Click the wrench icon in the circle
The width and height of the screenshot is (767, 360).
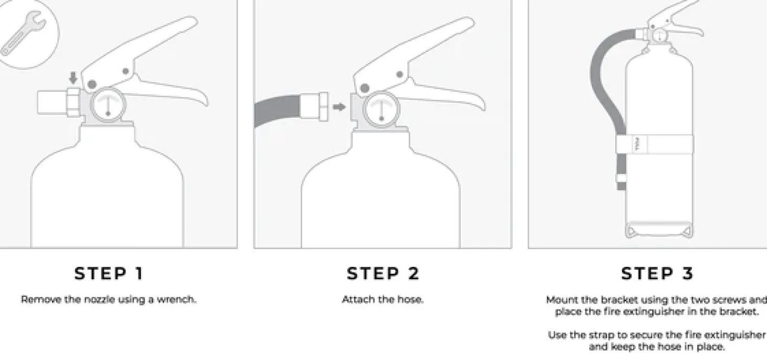22,34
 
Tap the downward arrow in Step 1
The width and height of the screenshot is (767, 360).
73,78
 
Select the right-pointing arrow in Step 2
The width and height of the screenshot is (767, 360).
339,107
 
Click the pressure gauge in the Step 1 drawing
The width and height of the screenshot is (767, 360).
108,105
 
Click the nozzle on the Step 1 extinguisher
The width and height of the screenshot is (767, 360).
59,102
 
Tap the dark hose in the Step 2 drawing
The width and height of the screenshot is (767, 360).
277,110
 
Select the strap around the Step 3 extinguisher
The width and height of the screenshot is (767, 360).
655,144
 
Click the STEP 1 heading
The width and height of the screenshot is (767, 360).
109,273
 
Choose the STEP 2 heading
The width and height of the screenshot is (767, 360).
383,273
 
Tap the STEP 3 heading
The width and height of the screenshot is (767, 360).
657,273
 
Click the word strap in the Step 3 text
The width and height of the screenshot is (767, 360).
603,335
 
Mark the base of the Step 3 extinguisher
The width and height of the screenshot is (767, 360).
659,230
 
